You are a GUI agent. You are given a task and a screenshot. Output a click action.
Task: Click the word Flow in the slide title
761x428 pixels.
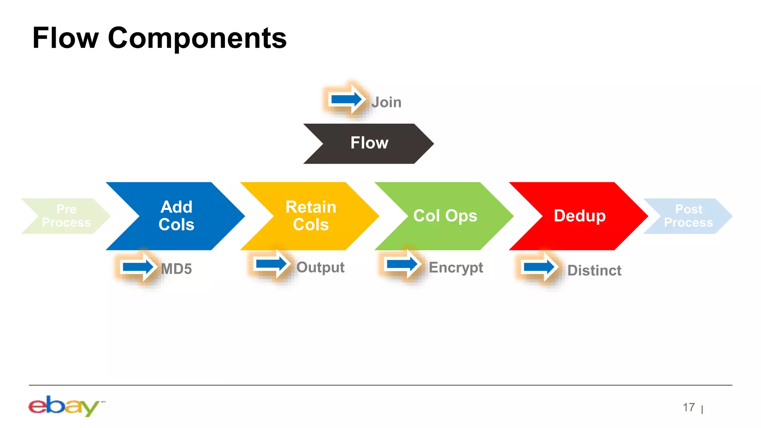(65, 38)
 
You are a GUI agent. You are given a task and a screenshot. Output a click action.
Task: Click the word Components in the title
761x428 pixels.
(197, 38)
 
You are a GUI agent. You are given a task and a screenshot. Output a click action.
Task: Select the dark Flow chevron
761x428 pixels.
(369, 143)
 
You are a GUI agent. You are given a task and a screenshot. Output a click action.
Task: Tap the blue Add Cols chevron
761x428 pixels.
(177, 216)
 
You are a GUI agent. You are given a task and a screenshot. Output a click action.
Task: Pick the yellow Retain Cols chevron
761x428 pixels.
(311, 216)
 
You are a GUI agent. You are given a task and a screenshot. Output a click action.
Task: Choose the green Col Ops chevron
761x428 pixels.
(445, 216)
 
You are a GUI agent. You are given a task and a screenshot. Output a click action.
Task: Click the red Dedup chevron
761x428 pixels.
(580, 216)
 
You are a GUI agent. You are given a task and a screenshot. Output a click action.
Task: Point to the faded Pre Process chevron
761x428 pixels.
(66, 216)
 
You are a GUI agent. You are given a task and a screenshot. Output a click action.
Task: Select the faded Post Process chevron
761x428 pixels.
(688, 216)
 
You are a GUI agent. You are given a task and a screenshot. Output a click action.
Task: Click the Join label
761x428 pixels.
(386, 102)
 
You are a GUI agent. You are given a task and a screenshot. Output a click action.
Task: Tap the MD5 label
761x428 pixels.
(176, 269)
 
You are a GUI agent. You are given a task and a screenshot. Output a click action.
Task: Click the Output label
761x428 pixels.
(320, 267)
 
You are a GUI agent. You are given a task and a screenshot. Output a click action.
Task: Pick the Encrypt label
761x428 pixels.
(456, 267)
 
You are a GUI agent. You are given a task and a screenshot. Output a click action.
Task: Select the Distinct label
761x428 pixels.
(594, 270)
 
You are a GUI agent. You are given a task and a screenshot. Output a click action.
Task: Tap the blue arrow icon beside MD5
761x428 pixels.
(138, 267)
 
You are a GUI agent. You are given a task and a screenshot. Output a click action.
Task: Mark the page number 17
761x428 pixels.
(689, 408)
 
